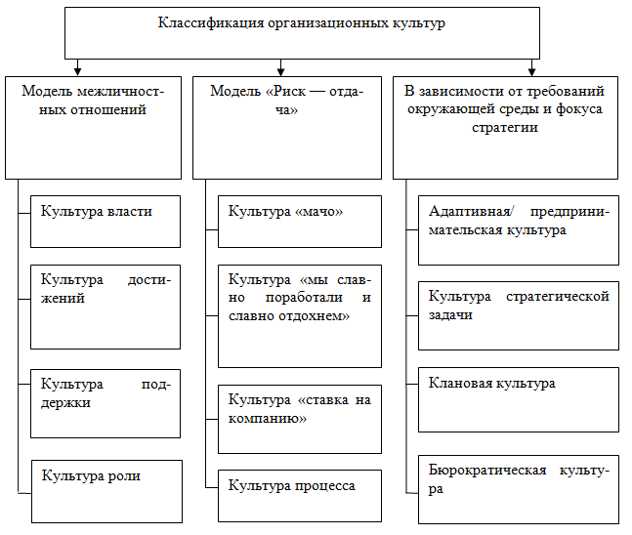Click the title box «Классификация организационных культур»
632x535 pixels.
(301, 32)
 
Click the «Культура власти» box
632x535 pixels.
(105, 223)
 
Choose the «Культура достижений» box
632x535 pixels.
(105, 305)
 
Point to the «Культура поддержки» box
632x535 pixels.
(105, 403)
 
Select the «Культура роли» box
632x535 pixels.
(105, 489)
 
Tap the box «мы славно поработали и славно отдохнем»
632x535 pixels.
(299, 314)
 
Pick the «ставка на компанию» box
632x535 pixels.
(299, 419)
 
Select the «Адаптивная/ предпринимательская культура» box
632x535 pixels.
(518, 230)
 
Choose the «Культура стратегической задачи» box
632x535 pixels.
(518, 315)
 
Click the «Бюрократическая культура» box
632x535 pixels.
(518, 488)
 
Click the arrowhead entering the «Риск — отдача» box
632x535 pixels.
(280, 69)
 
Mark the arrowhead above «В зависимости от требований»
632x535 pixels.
(531, 69)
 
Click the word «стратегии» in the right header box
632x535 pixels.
(505, 128)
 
